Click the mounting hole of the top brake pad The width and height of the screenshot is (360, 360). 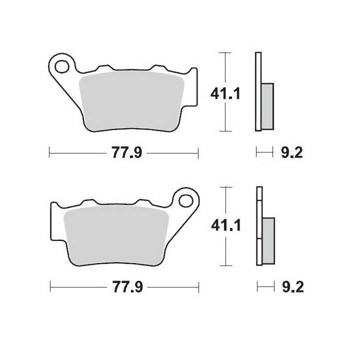(63, 65)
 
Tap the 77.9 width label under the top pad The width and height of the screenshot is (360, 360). (123, 153)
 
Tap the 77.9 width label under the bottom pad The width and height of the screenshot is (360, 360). (123, 287)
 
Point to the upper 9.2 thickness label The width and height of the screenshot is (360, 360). (291, 153)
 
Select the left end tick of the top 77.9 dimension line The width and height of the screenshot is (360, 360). (49, 152)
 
